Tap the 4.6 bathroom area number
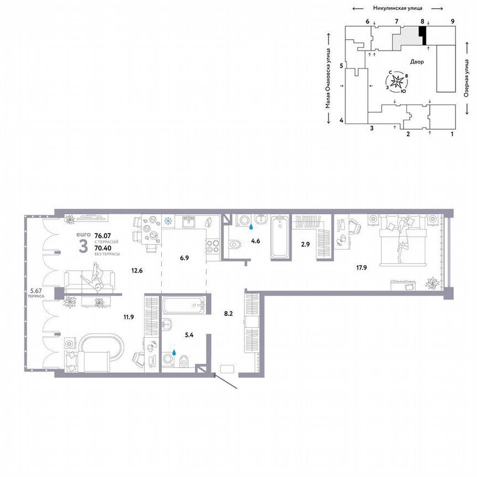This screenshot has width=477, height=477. pos(256,241)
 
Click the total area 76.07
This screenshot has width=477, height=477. pos(102,235)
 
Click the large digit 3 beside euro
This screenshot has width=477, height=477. pos(83,246)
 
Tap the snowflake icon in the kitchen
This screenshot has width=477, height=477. pos(167,222)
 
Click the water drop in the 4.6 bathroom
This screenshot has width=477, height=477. pos(252,226)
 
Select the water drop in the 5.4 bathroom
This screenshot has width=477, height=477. pos(175,351)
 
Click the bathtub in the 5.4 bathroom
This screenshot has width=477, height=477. pos(184,305)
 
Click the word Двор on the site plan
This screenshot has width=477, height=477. pos(417,62)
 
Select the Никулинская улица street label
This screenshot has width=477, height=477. pos(397,8)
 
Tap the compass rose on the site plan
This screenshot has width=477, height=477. pos(397,82)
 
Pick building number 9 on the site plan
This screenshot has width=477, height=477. pos(452,21)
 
